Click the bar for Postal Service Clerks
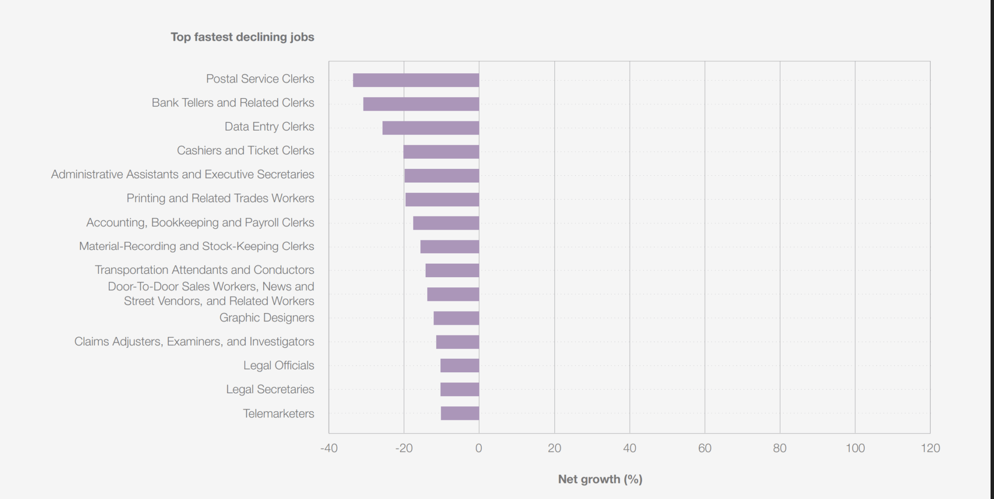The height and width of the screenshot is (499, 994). click(x=416, y=80)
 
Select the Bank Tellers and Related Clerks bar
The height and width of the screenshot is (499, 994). click(x=421, y=104)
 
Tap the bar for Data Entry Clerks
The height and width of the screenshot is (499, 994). click(x=431, y=128)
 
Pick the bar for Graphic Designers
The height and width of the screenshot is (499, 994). click(x=456, y=318)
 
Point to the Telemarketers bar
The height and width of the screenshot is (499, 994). click(x=460, y=414)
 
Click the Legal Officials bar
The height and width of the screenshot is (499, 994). click(x=460, y=366)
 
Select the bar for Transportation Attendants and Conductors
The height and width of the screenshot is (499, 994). click(x=452, y=270)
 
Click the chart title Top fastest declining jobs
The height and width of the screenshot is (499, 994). click(x=242, y=37)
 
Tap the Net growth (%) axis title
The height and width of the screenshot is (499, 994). click(x=600, y=479)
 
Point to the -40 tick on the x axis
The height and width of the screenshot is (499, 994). click(x=329, y=448)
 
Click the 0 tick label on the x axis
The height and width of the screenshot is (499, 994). click(x=479, y=448)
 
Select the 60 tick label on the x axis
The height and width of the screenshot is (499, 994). click(x=705, y=448)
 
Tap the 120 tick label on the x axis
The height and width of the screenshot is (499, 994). click(x=930, y=448)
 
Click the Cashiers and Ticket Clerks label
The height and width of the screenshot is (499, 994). click(x=245, y=150)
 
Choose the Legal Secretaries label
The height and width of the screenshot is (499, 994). click(x=270, y=389)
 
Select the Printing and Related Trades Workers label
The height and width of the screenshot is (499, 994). click(x=220, y=198)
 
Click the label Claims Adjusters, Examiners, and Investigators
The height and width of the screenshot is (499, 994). click(x=194, y=341)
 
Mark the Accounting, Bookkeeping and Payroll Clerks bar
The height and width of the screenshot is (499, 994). click(x=446, y=223)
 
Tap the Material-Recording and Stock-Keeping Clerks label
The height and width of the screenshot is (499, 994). click(x=196, y=246)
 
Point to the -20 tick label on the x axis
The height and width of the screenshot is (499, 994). click(x=404, y=448)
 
